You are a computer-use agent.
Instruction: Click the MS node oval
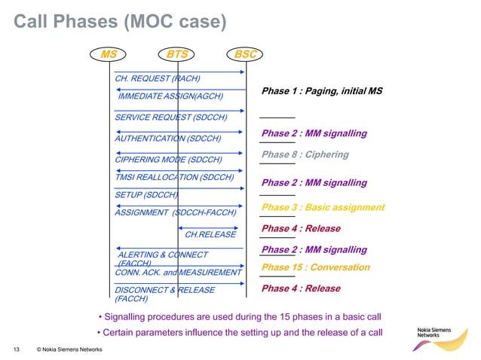click(x=109, y=54)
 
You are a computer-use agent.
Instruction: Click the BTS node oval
click(x=178, y=54)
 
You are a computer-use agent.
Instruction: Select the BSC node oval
click(x=246, y=54)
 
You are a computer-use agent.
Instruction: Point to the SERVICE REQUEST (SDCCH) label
click(x=170, y=117)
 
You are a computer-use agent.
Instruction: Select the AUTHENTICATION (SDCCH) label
click(x=167, y=139)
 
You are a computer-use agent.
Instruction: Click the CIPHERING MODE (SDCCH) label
click(x=168, y=160)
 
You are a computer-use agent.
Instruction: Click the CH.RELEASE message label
click(x=210, y=234)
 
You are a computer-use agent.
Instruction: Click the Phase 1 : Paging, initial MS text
click(x=322, y=91)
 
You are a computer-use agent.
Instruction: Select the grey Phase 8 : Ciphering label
click(x=305, y=154)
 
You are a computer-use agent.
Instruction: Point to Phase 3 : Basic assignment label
click(x=323, y=207)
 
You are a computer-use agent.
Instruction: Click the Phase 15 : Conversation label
click(x=315, y=267)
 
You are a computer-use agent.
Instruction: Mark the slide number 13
click(x=14, y=349)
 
